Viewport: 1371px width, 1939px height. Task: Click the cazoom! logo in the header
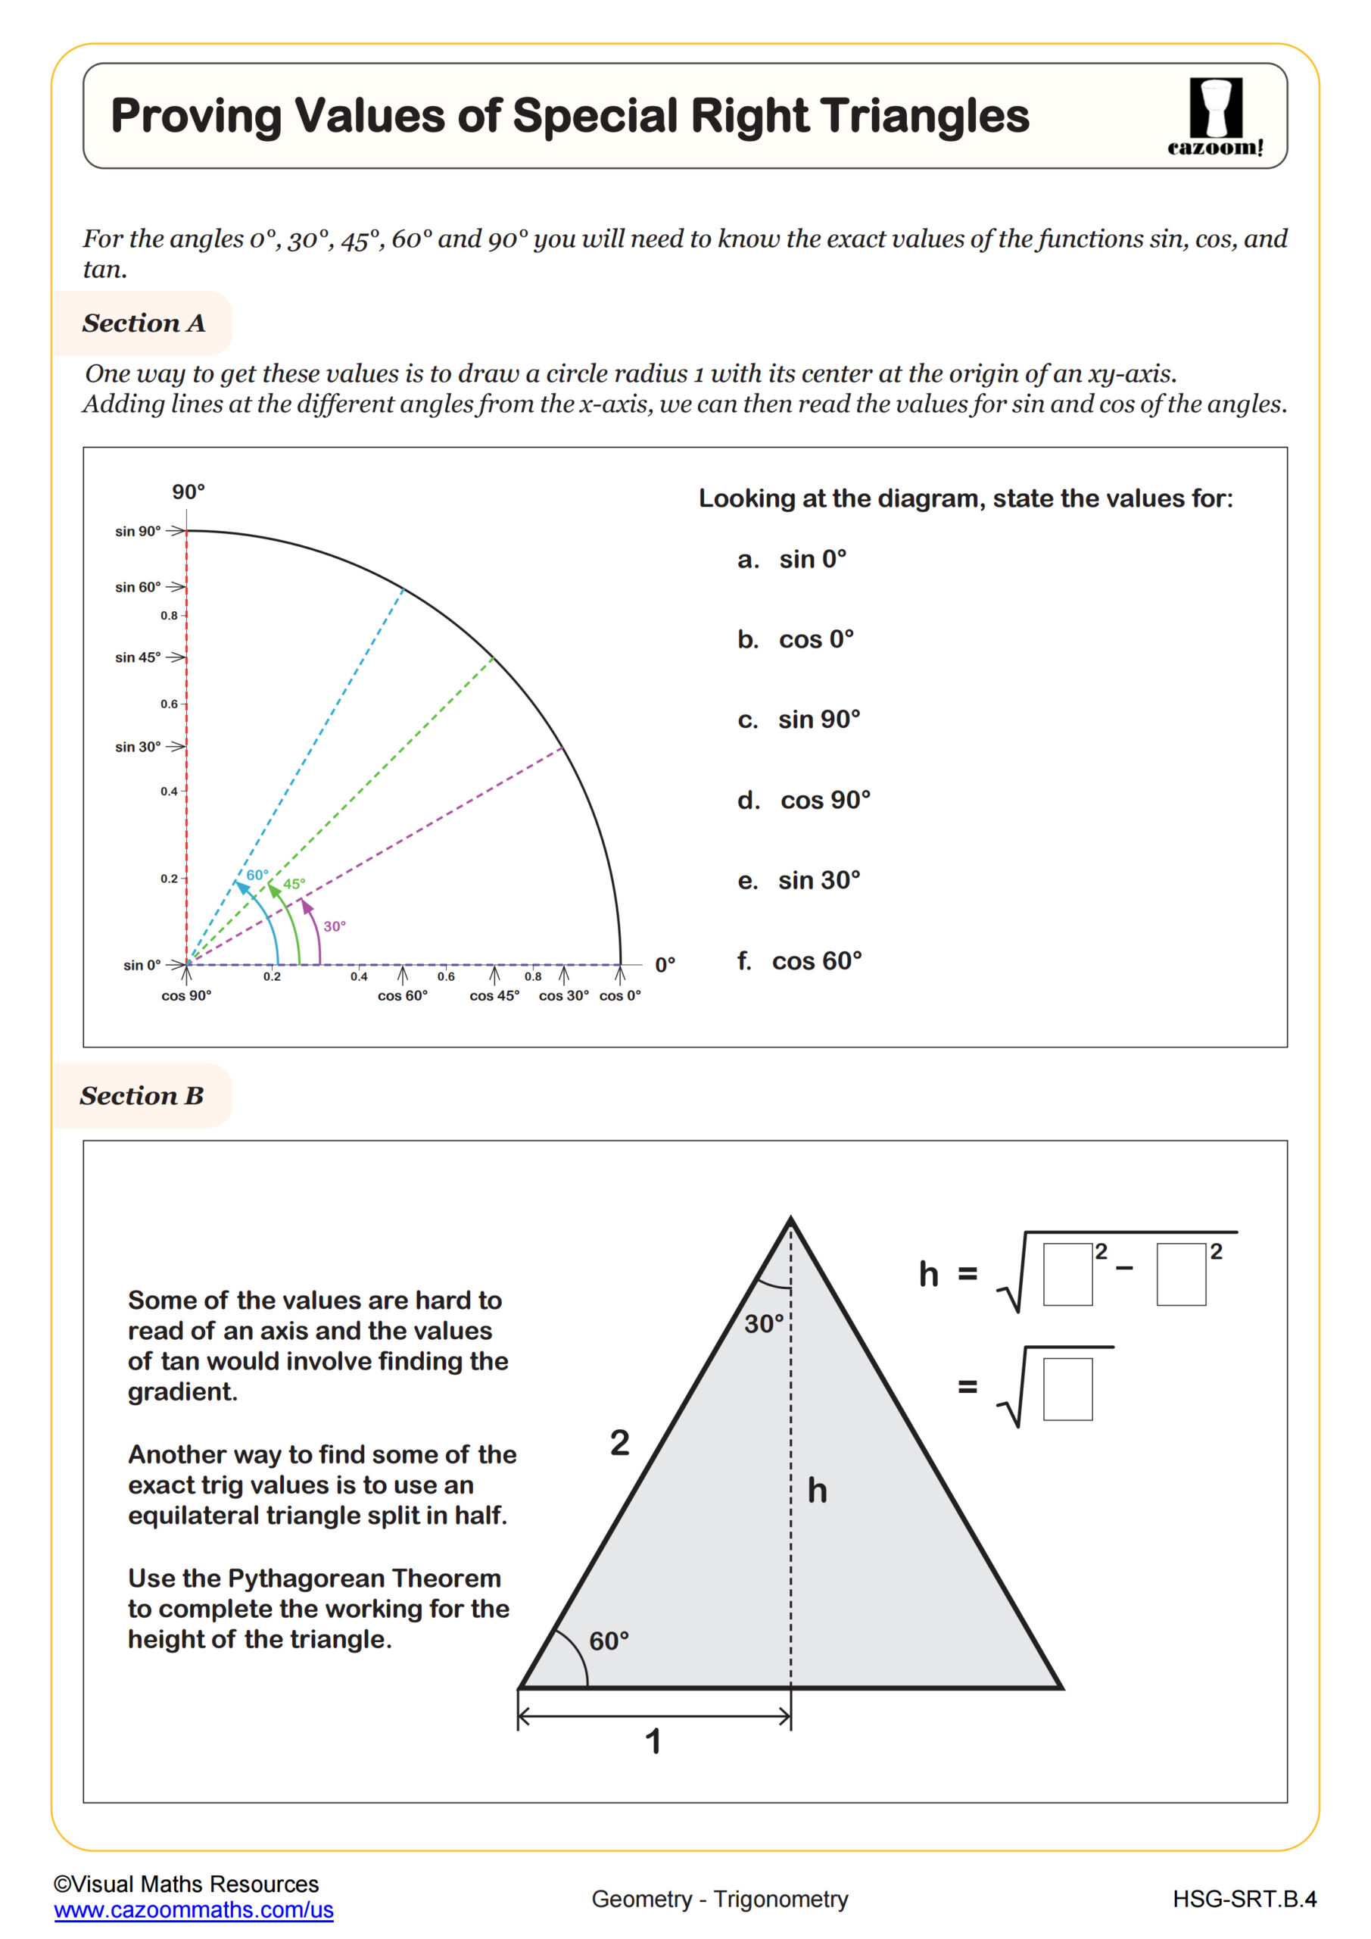click(1215, 117)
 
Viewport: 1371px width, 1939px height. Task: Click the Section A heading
click(144, 323)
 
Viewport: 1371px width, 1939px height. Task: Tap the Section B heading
click(142, 1095)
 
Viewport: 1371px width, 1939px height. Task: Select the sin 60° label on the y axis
click(138, 587)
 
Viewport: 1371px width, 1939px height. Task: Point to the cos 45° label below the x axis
click(494, 996)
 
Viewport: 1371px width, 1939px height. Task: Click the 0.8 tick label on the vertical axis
click(169, 616)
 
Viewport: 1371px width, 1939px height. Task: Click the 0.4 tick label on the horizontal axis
click(359, 977)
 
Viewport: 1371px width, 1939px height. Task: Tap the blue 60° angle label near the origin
click(257, 875)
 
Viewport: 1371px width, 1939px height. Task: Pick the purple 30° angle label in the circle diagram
click(335, 926)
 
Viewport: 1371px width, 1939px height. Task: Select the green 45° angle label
click(294, 884)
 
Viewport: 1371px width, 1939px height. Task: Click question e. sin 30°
click(799, 880)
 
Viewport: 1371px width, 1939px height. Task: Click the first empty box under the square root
click(1067, 1275)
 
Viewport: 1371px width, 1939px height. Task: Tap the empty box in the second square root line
click(1067, 1388)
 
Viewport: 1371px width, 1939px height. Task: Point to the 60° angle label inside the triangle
click(609, 1641)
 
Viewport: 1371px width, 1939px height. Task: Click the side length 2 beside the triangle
click(620, 1442)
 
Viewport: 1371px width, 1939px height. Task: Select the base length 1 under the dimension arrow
click(653, 1741)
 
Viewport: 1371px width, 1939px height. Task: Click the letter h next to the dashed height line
click(817, 1491)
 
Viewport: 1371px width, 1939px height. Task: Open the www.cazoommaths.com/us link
click(193, 1910)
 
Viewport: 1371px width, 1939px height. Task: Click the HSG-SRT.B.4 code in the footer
click(1244, 1900)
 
